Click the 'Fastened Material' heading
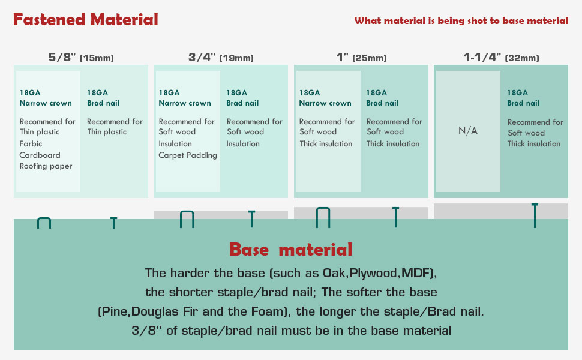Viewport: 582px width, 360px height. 86,20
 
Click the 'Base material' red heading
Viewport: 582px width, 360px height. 290,250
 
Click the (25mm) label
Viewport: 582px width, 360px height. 368,58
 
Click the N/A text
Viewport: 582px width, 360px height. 468,131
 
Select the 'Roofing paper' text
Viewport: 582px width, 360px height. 46,166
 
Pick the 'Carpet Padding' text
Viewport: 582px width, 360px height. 188,155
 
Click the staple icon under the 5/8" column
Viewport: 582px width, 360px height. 44,223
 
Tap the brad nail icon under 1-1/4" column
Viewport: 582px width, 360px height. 535,215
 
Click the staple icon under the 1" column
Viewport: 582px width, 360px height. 323,217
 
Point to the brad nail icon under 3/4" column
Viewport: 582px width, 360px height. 251,219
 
